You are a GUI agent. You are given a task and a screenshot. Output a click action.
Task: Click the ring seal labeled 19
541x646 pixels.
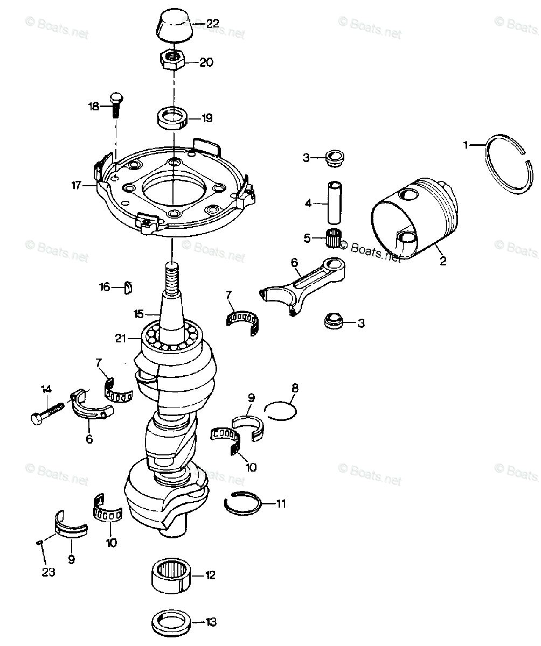coord(172,118)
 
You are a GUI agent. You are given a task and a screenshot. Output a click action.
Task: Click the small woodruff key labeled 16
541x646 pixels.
coord(129,287)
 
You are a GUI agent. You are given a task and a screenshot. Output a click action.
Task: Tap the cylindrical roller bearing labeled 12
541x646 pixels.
coord(171,575)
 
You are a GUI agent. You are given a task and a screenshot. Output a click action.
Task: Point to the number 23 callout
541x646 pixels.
coord(48,573)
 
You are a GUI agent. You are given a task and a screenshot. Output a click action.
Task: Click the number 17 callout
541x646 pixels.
coord(76,186)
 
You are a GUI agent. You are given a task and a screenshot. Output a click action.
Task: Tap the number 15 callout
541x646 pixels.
coord(139,313)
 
